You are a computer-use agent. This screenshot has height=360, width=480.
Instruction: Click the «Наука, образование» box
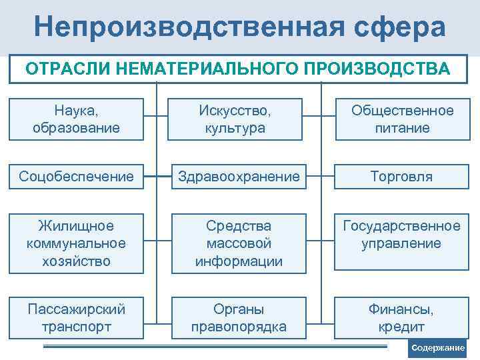click(77, 119)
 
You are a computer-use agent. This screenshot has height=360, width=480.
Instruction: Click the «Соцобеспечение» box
click(77, 177)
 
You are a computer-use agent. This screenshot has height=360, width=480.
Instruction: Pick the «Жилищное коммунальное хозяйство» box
click(77, 243)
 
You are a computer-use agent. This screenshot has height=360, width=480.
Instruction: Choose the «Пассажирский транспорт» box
click(77, 318)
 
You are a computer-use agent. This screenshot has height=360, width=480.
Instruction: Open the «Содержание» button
click(437, 348)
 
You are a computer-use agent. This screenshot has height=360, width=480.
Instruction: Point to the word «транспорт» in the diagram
click(77, 327)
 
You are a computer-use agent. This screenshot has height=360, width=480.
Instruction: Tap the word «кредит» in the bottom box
click(401, 327)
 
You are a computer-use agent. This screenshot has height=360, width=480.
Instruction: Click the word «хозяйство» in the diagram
click(77, 261)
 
